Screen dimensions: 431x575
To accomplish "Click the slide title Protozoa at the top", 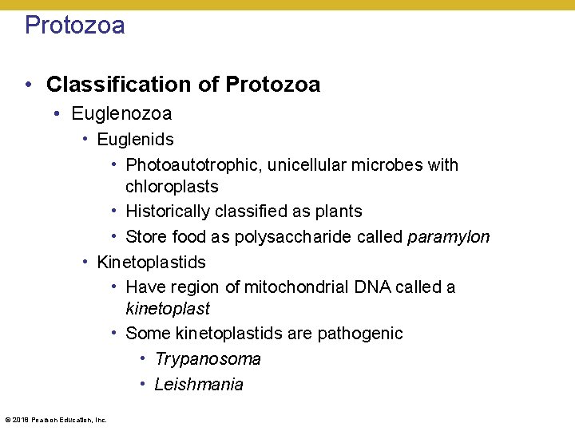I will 74,26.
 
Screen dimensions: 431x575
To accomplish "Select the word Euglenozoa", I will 121,114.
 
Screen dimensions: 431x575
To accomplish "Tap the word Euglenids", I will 135,140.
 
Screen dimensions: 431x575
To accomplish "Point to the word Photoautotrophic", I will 194,165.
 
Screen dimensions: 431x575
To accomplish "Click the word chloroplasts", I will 172,187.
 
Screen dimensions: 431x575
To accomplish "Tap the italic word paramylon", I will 448,237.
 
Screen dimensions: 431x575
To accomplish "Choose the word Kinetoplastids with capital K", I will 151,262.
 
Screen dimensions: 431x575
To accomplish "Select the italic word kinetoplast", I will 168,308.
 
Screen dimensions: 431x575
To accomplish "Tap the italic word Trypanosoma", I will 208,359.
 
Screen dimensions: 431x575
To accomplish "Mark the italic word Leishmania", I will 199,385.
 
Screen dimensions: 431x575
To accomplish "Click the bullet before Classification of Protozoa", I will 28,85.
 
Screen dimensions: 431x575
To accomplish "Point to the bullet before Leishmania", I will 142,385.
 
